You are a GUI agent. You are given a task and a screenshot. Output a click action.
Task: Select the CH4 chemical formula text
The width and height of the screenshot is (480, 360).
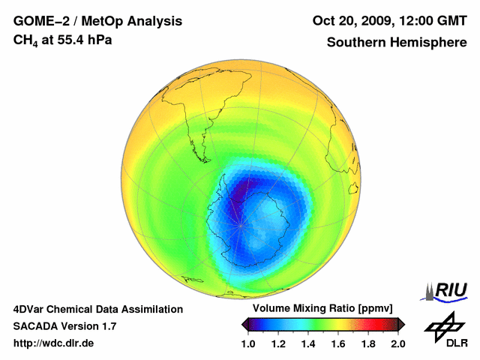(27, 40)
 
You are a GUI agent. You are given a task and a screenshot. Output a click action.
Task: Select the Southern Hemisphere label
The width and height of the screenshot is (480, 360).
(396, 42)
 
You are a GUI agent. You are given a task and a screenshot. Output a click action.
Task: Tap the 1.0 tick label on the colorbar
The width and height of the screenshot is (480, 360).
(248, 343)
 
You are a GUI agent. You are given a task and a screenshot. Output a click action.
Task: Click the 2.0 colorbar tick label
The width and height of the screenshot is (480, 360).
(398, 343)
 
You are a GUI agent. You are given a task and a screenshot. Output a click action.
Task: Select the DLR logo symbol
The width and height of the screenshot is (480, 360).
(445, 328)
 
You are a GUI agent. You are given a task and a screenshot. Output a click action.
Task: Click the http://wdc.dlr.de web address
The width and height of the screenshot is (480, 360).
(54, 343)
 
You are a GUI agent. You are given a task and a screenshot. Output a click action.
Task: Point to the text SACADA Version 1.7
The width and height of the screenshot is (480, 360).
(64, 326)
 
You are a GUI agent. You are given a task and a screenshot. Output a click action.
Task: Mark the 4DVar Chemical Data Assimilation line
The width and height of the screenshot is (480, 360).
(97, 309)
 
